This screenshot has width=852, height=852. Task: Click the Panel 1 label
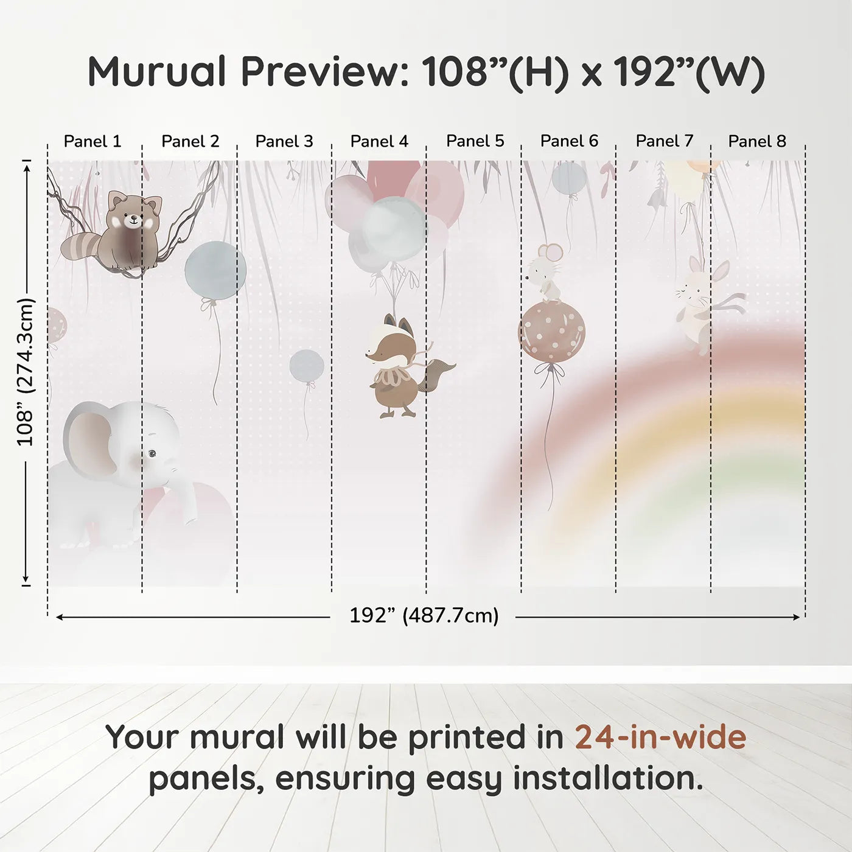coord(93,141)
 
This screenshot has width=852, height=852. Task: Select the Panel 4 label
coord(379,141)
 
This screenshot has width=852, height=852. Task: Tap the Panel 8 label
coord(757,141)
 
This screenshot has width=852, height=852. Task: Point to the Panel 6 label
coord(569,141)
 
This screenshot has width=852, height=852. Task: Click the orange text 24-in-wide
coord(660,736)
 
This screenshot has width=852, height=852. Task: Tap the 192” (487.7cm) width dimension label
coord(424,615)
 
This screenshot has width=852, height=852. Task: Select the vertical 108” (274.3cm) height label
coord(25,371)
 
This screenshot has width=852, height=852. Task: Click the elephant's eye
coord(153,453)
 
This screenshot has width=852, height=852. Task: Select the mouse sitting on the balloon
coord(545,274)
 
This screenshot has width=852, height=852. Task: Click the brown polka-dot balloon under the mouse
coord(551,332)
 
